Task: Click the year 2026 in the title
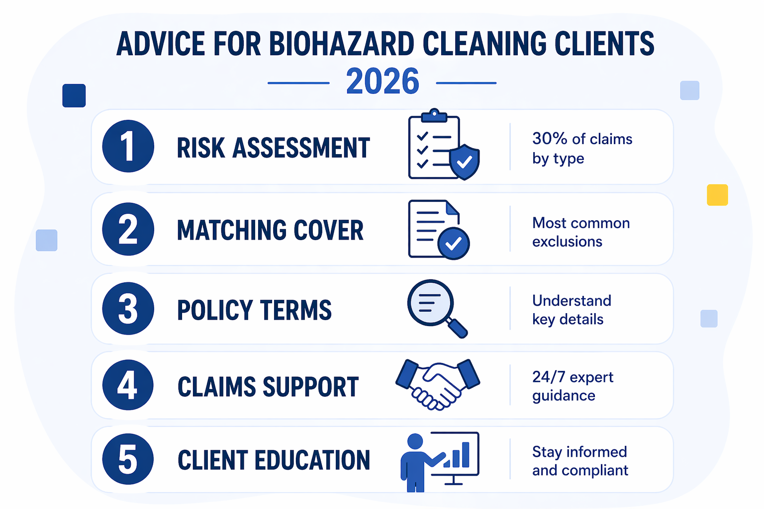coord(382,82)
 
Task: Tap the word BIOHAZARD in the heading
coord(342,44)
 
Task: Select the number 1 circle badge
coord(128,146)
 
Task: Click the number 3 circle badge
coord(128,309)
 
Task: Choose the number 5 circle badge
coord(128,459)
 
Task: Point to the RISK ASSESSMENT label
coord(273,148)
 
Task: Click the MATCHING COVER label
coord(270,230)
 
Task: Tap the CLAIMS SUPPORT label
coord(268,387)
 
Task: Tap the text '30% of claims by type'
coord(582,148)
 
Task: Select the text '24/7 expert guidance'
coord(573,386)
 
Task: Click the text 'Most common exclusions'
coord(581,232)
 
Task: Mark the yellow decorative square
coord(717,195)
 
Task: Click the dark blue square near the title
coord(74,95)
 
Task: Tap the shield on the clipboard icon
coord(465,162)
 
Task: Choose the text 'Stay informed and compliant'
coord(580,461)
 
